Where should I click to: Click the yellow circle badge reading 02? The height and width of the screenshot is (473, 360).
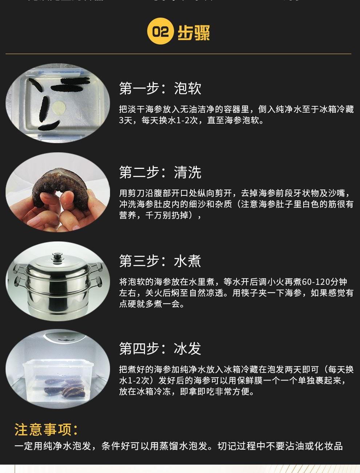160,31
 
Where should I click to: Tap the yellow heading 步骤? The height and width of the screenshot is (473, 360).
193,32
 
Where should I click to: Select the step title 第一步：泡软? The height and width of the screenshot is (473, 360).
160,88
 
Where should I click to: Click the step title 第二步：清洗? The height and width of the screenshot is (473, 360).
160,172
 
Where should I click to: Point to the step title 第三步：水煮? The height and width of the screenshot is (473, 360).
160,261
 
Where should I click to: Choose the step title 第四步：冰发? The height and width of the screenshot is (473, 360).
160,349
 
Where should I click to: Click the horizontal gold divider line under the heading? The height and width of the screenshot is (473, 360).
178,53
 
